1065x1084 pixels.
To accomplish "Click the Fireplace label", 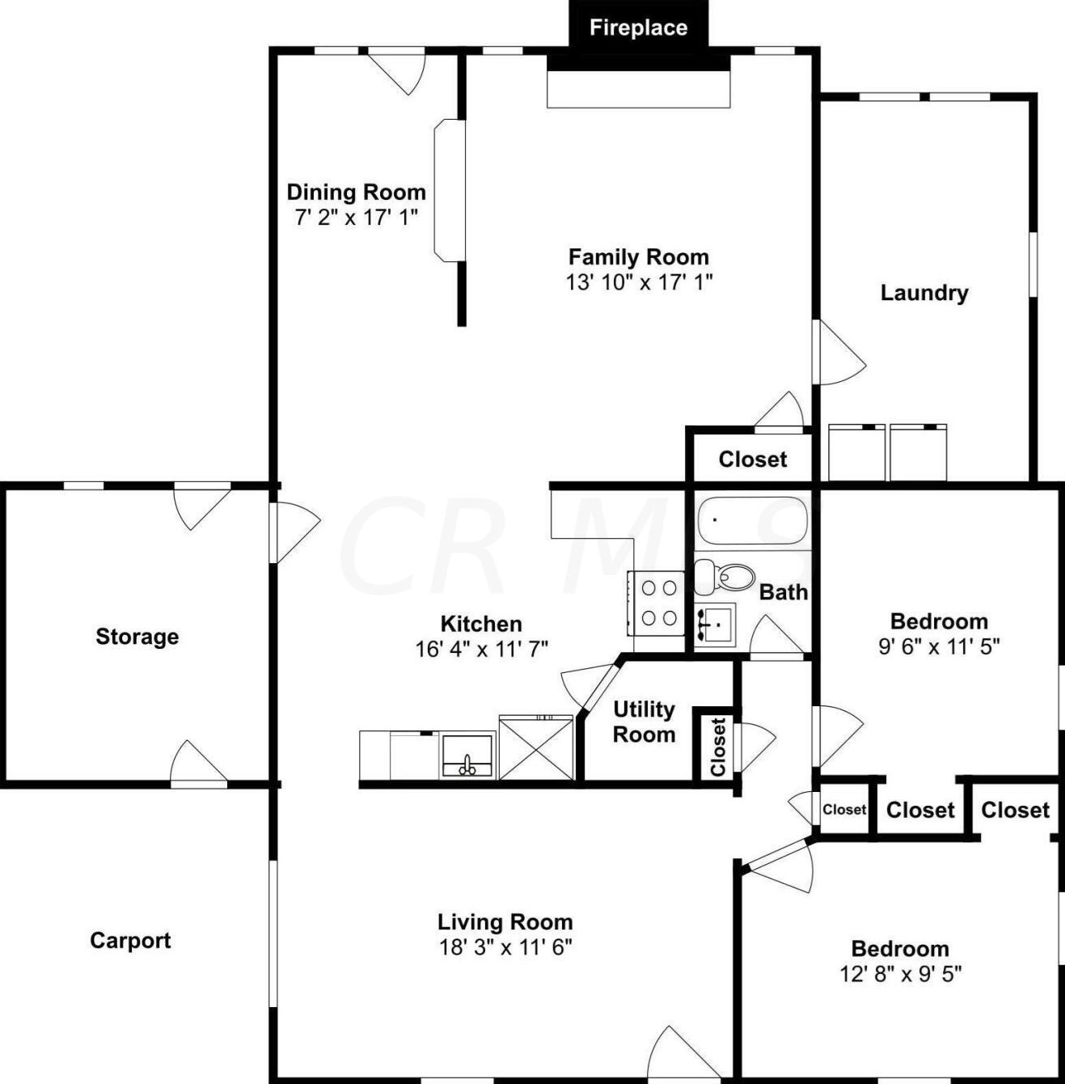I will pos(638,28).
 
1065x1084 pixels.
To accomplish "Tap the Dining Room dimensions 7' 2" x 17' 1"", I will pos(356,217).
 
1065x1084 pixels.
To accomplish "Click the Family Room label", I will pos(638,257).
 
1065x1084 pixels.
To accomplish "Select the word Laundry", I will pos(923,292).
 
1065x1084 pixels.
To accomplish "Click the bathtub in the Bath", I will pos(752,521).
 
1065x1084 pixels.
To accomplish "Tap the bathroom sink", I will pos(714,625).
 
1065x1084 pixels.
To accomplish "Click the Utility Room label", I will pos(644,722).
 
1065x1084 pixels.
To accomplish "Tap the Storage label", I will pos(137,637).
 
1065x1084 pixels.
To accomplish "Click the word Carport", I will pos(130,940).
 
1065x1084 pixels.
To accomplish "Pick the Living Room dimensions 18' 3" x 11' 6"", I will pos(505,947).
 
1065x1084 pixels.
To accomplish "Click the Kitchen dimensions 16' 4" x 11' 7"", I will pos(481,649).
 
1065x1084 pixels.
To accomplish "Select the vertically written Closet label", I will pos(717,747).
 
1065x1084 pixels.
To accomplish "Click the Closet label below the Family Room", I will pos(752,459).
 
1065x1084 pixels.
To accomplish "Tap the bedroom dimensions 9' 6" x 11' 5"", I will pos(939,646).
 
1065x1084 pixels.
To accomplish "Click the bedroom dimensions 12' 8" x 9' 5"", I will pos(900,973).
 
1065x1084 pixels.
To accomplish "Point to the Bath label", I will pos(783,592).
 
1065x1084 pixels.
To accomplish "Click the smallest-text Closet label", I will pos(844,809).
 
